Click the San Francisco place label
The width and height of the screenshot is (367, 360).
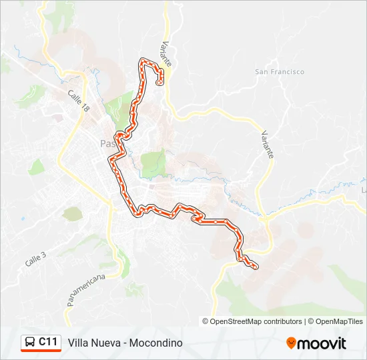pyautogui.click(x=280, y=72)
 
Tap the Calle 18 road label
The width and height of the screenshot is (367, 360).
pyautogui.click(x=78, y=102)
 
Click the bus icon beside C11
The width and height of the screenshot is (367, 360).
pyautogui.click(x=30, y=342)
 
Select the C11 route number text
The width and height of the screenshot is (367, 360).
pyautogui.click(x=47, y=342)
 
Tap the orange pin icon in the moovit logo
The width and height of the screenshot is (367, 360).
pyautogui.click(x=291, y=343)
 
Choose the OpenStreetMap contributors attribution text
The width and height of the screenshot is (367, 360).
pyautogui.click(x=256, y=321)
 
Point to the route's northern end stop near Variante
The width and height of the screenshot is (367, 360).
pyautogui.click(x=159, y=83)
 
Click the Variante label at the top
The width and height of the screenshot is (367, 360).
pyautogui.click(x=165, y=53)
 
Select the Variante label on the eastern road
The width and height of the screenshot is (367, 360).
pyautogui.click(x=268, y=143)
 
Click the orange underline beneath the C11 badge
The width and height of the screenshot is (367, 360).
pyautogui.click(x=41, y=351)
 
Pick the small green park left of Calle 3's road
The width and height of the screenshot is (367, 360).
pyautogui.click(x=71, y=213)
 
